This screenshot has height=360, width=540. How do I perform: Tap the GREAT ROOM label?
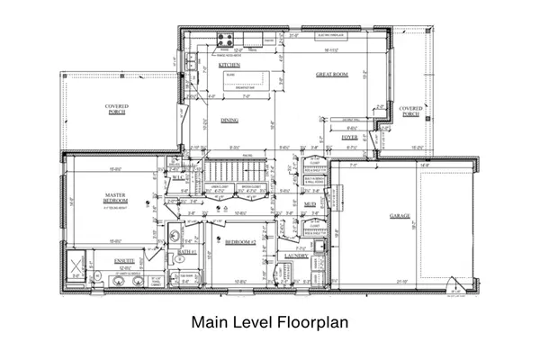(x=332, y=76)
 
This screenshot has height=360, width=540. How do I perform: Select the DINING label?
(x=229, y=120)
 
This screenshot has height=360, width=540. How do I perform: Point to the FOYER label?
(x=337, y=137)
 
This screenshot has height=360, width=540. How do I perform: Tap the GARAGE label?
(x=400, y=216)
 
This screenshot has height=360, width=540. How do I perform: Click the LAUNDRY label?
(x=296, y=256)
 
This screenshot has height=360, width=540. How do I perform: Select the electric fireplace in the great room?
(x=334, y=37)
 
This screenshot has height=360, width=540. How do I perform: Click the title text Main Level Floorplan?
(x=270, y=322)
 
